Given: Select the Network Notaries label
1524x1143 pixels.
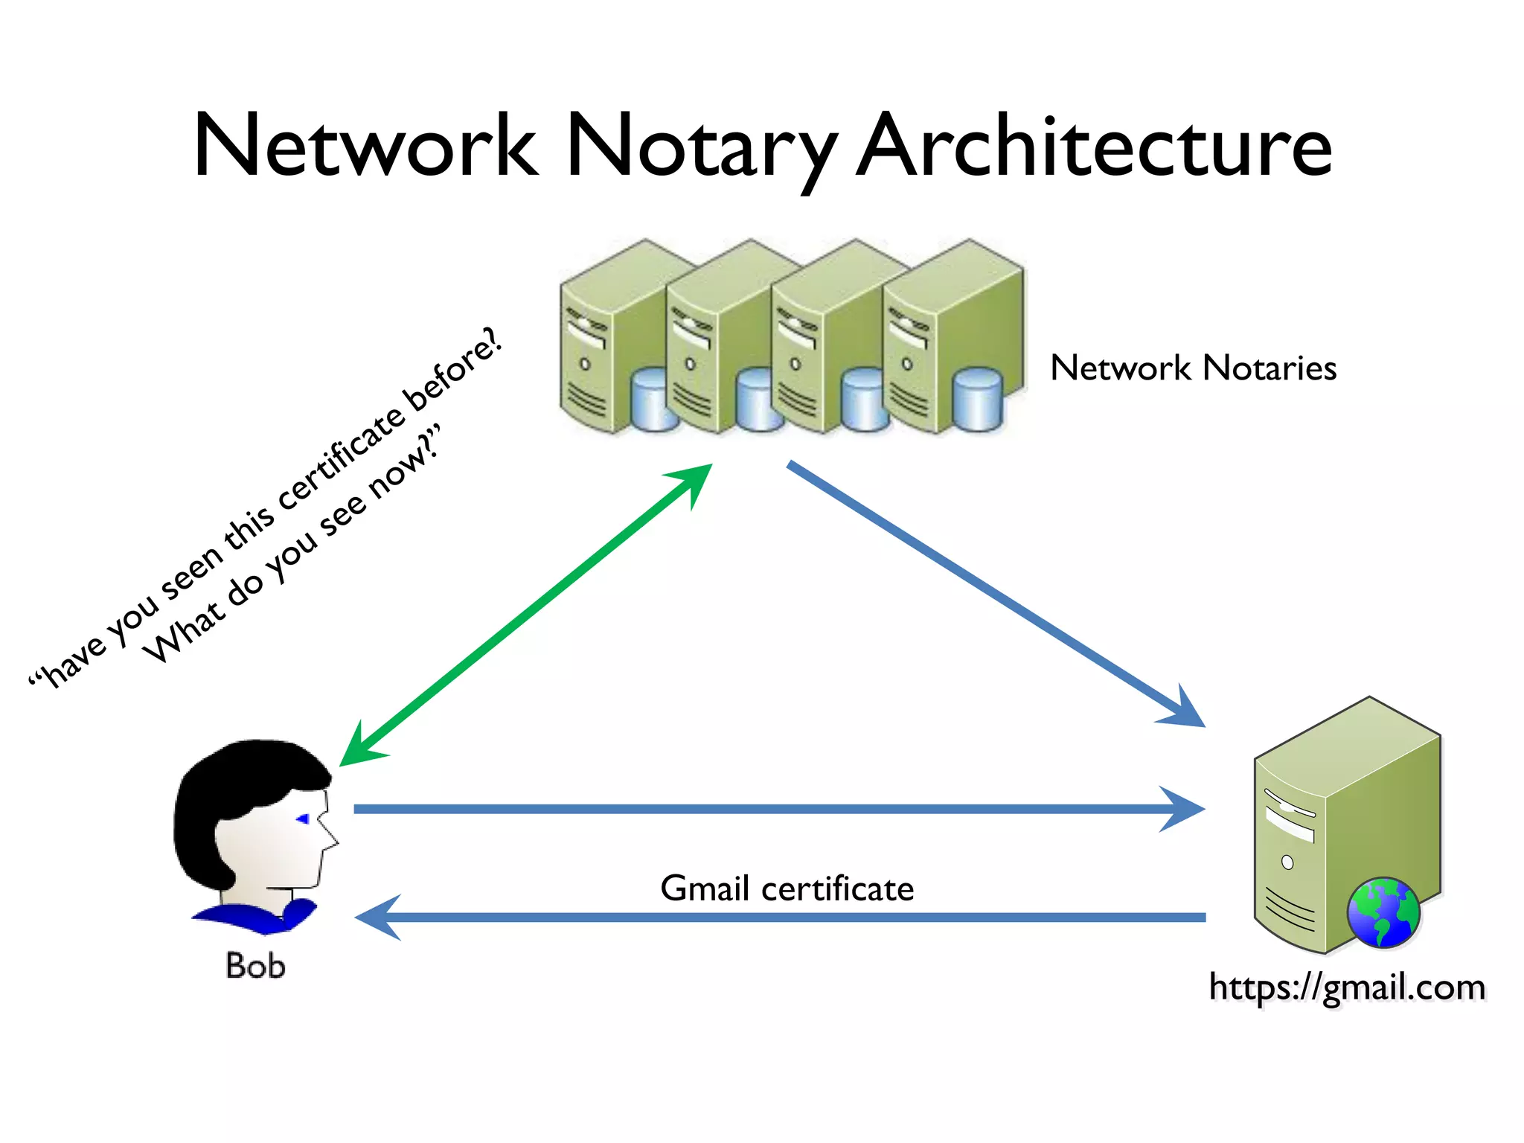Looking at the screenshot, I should tap(1193, 368).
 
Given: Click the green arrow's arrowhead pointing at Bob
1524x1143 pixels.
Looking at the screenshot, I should tap(357, 748).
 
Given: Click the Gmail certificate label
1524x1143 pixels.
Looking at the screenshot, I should tap(787, 889).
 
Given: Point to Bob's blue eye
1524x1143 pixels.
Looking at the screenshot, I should tap(303, 819).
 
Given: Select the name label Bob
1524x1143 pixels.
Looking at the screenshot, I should tap(255, 966).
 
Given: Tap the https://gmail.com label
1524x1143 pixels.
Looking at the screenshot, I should tap(1347, 987).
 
